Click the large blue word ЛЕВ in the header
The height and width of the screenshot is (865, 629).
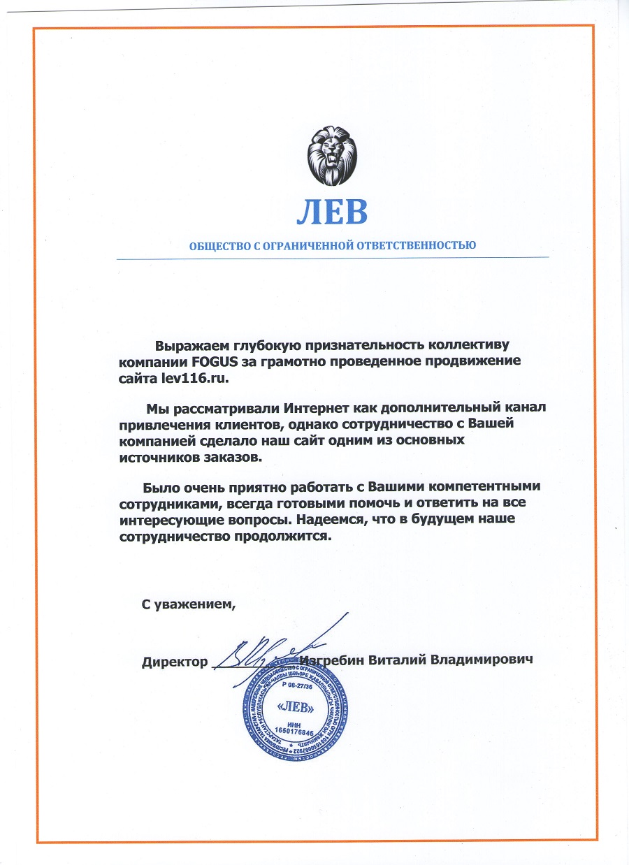click(x=331, y=213)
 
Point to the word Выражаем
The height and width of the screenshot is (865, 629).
click(x=188, y=344)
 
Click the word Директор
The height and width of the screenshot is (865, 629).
click(x=175, y=660)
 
